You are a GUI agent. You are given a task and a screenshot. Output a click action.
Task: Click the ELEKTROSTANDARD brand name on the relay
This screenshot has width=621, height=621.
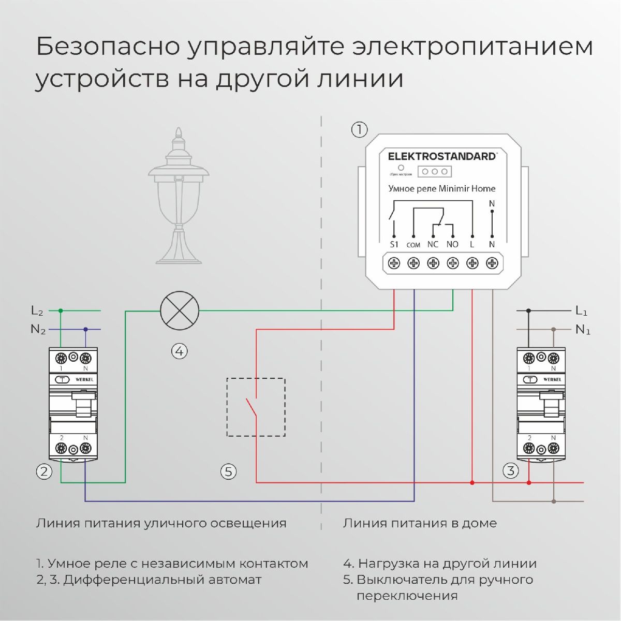442,156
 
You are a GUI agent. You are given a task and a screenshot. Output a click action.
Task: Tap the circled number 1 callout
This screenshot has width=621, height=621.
359,129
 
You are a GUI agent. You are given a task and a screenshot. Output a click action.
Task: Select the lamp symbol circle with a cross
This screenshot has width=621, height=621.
180,310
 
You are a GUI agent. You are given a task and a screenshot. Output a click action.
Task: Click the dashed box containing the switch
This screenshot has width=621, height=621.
256,407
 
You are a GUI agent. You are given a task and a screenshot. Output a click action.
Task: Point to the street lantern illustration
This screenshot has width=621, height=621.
179,197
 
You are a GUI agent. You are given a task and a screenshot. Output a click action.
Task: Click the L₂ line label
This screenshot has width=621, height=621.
37,311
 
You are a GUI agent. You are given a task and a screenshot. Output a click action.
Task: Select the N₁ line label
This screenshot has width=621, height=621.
583,330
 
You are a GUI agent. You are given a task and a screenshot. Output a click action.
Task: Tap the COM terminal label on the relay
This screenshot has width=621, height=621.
413,245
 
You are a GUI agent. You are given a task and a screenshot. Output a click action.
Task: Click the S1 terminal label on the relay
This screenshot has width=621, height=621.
394,244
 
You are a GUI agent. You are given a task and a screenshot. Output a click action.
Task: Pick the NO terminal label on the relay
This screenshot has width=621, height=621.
452,244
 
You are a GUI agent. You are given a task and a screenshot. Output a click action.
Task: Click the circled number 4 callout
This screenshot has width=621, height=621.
179,351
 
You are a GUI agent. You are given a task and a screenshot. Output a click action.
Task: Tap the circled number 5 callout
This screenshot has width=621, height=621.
228,471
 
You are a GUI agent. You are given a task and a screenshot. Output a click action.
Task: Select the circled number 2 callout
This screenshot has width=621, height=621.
44,471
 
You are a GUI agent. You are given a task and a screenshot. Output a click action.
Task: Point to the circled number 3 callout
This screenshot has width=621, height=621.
511,471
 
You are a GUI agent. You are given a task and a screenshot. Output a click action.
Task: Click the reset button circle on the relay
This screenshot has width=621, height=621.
401,168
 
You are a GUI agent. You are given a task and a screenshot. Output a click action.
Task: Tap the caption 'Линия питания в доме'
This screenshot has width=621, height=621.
420,523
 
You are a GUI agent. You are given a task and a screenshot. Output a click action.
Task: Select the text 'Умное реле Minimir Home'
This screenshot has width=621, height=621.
442,189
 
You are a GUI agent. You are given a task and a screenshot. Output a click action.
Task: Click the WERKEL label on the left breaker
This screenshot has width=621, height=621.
84,379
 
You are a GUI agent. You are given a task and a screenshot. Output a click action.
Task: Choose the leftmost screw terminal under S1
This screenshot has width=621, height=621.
394,263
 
